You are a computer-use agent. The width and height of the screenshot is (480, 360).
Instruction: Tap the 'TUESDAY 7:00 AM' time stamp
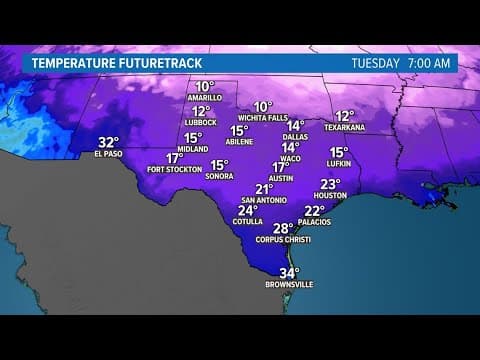coord(401,62)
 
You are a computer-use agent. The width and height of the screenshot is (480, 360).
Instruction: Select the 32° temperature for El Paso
coord(108,142)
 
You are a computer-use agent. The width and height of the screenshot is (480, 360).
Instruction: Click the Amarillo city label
coord(205,99)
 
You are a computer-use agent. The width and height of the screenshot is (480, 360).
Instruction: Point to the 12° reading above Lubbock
coord(202,112)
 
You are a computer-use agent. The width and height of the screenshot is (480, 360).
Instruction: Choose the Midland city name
coord(193,149)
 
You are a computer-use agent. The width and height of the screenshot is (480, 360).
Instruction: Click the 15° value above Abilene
coord(239,131)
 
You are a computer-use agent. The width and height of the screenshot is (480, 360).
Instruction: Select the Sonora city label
coord(219,176)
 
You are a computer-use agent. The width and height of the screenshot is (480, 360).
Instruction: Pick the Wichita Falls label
coord(263,118)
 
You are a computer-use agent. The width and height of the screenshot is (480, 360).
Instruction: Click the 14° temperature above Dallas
coord(295,126)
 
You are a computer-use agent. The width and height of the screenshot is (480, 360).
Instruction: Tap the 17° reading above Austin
coord(281,167)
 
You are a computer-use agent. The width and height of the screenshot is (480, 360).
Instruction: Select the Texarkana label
coord(345,128)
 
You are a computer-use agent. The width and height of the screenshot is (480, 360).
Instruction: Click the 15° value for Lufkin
coord(339,153)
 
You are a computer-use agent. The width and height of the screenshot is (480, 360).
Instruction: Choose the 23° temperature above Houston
coord(330,184)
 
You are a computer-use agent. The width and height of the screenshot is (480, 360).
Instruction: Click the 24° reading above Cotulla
coord(248,210)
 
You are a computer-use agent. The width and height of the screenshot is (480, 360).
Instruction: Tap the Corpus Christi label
coord(283,240)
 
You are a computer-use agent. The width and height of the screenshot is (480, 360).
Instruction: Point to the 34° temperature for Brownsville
coord(289,273)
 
